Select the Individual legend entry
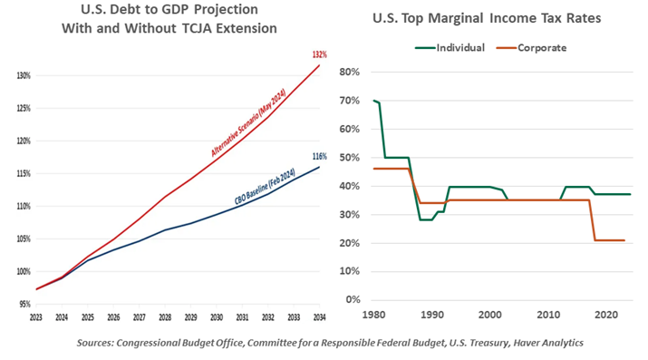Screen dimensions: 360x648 click(x=449, y=47)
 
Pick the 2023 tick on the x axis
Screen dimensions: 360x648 click(x=36, y=317)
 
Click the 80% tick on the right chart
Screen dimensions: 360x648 click(x=350, y=71)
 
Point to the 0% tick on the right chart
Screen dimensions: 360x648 click(x=353, y=300)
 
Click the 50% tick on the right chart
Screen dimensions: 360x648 click(x=350, y=157)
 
